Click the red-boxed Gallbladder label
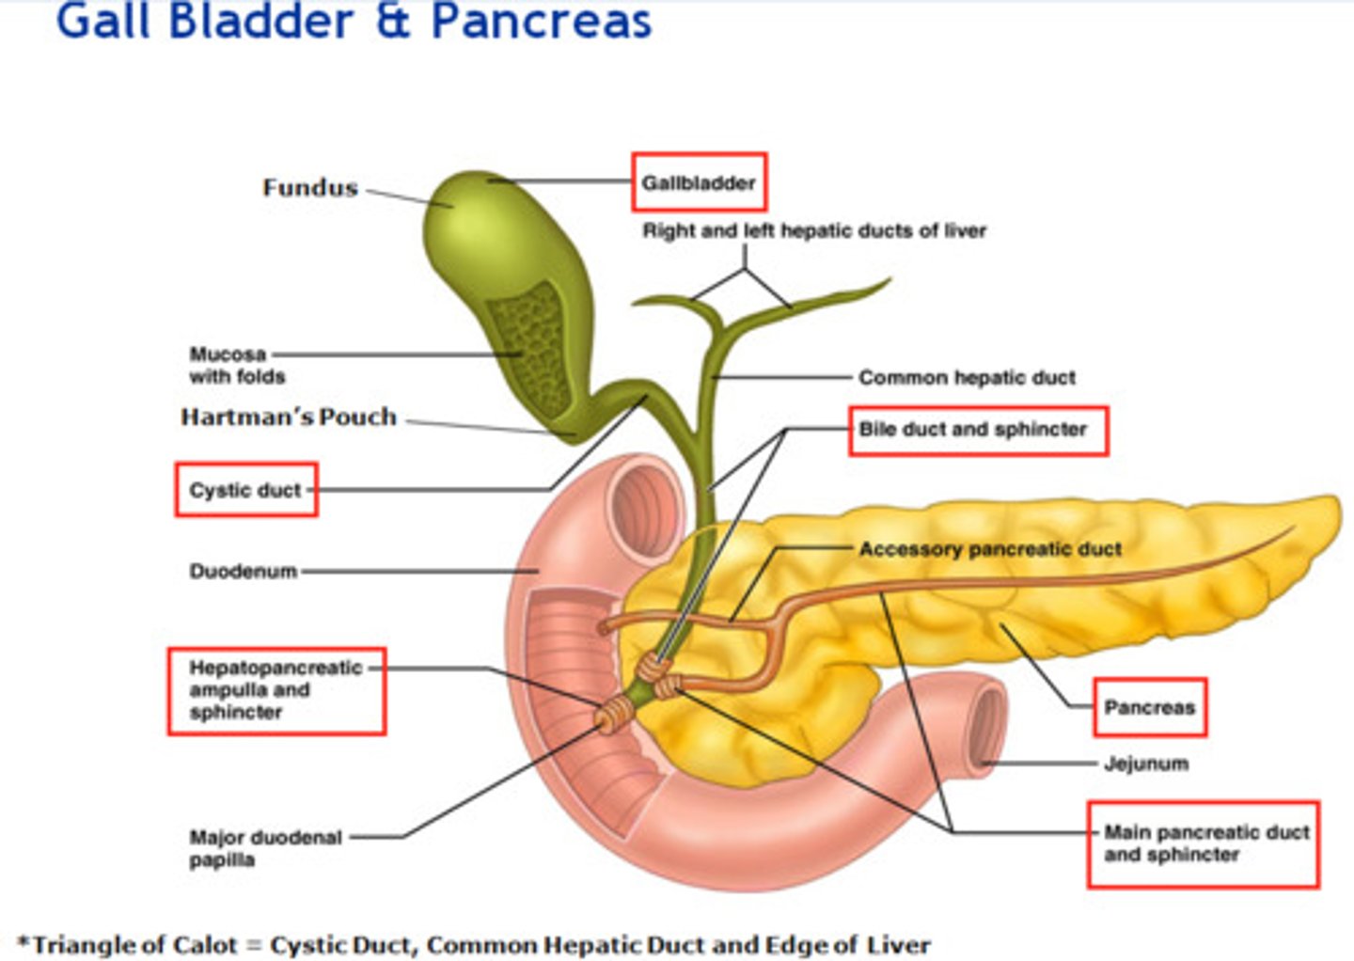[x=699, y=182]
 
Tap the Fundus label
[x=310, y=188]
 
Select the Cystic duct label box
[x=245, y=490]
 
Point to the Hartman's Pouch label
[x=289, y=417]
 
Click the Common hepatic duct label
[x=967, y=378]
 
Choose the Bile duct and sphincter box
[x=978, y=431]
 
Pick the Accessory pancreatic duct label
[x=990, y=549]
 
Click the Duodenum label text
[x=244, y=571]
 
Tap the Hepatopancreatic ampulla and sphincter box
[x=276, y=690]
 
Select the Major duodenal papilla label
[x=265, y=848]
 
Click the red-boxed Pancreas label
[x=1149, y=707]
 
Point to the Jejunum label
[x=1145, y=764]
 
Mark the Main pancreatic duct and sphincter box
[x=1204, y=843]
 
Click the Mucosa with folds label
[x=237, y=365]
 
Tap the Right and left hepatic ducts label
[x=814, y=231]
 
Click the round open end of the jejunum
[x=986, y=724]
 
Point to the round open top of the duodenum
[x=647, y=507]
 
